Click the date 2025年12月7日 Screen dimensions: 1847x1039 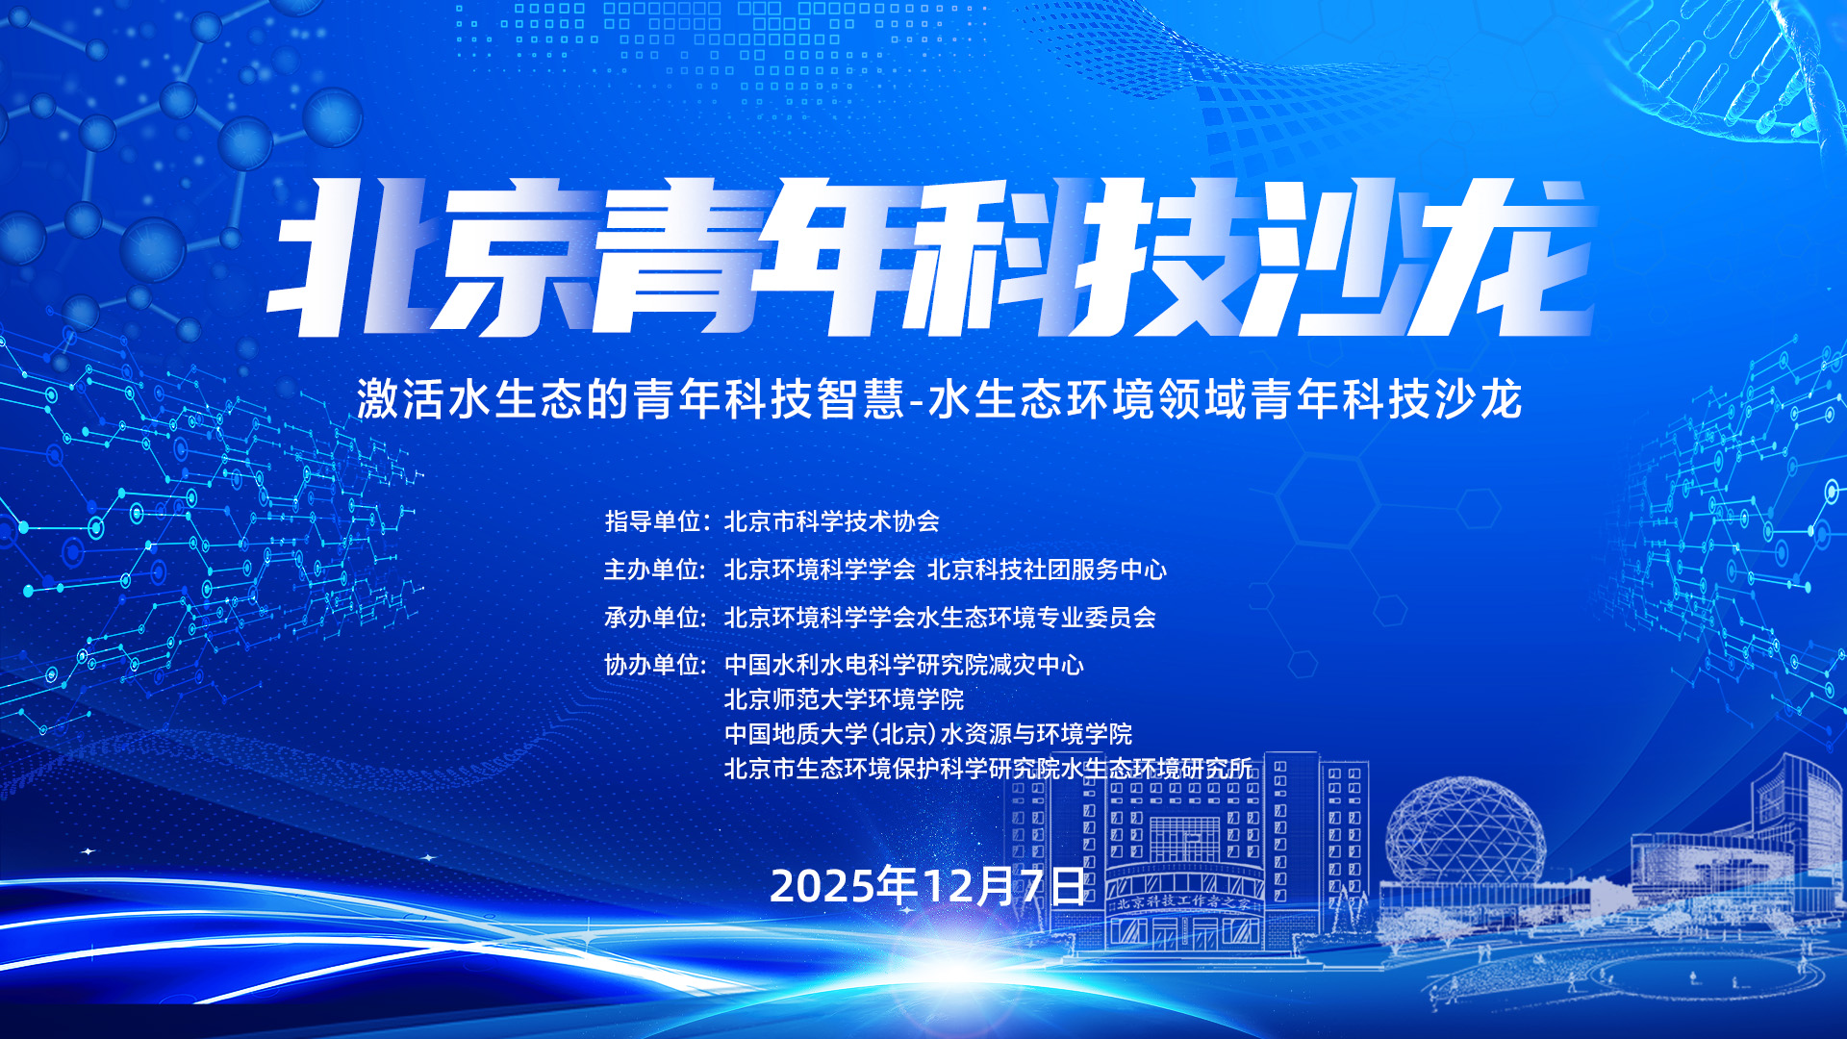point(927,885)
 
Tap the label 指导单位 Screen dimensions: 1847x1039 point(653,521)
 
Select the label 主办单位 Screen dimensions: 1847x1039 point(653,570)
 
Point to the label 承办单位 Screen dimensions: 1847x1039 point(653,618)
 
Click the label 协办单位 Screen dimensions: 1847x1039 point(653,665)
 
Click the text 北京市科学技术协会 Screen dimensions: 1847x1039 point(832,521)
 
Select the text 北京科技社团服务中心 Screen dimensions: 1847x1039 point(1047,570)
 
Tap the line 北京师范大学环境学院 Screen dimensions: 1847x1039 point(844,699)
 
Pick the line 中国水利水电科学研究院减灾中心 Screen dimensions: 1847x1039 point(904,665)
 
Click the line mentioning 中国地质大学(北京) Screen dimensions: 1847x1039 point(928,734)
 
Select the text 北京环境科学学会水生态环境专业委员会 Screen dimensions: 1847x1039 point(940,618)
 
